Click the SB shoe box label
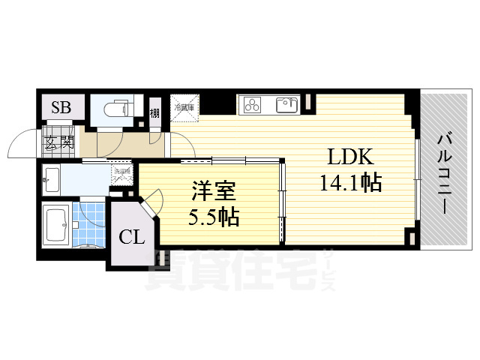point(61,108)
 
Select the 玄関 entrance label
point(58,140)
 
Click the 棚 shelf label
point(154,115)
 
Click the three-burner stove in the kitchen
point(253,106)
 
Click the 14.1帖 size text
point(351,181)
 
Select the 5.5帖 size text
point(212,217)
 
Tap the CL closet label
point(133,238)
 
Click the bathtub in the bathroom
point(58,223)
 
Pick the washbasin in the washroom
point(52,178)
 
